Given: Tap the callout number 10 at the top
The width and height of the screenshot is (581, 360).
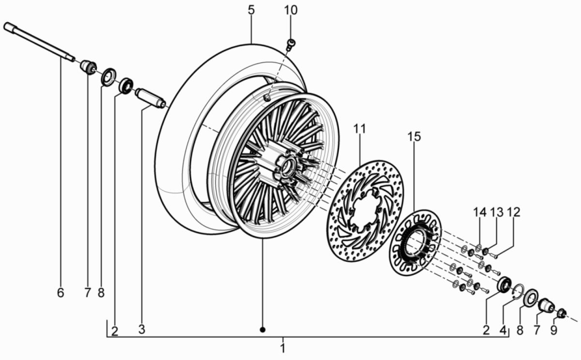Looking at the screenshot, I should coord(291,10).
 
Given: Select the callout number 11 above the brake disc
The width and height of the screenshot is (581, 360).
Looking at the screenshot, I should coord(360,129).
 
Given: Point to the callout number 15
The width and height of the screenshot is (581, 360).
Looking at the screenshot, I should coord(414,137).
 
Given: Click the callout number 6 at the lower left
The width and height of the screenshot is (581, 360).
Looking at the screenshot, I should coord(60,293).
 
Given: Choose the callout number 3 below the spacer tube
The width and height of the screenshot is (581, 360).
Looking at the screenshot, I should coord(141,330).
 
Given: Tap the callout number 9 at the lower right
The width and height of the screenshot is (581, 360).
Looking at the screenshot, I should coord(553,330).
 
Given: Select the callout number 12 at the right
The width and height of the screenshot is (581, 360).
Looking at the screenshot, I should coord(513,212).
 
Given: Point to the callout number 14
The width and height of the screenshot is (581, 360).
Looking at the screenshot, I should coord(479,212).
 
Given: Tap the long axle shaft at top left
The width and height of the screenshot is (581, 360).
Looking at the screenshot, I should coord(39,43).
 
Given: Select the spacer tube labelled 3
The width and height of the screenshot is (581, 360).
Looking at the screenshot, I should coord(151,96).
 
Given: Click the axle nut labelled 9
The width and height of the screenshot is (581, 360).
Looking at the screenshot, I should coord(561,313).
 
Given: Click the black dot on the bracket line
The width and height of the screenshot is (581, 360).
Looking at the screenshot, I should coord(263,330).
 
